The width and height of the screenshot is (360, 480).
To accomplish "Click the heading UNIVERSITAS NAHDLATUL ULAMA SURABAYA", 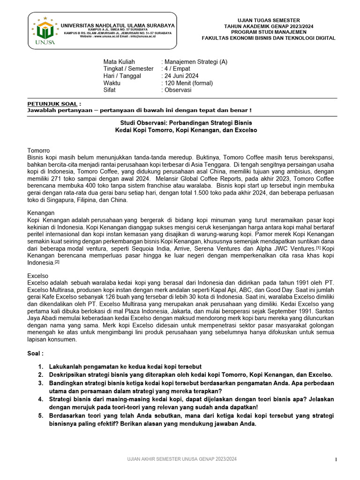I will click(x=118, y=25).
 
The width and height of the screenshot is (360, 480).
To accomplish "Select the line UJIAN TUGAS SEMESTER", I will click(x=269, y=20).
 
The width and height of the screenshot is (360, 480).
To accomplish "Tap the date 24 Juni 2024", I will click(x=181, y=75).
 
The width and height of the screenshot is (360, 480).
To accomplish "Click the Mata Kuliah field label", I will click(x=119, y=61).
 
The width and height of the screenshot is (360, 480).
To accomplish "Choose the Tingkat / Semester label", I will click(x=128, y=68).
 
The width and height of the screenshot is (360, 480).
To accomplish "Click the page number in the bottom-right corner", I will click(x=336, y=460).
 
